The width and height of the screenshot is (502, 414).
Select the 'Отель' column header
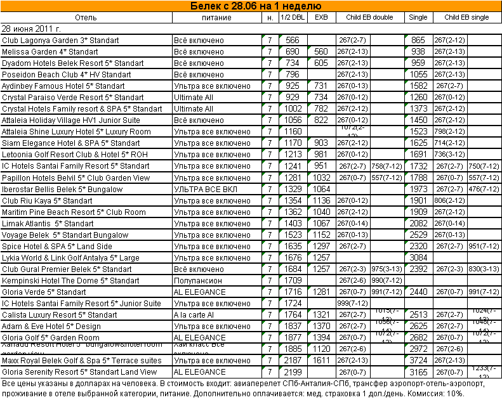click(86, 17)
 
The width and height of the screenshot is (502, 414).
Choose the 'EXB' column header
click(321, 17)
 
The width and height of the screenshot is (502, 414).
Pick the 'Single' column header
click(418, 17)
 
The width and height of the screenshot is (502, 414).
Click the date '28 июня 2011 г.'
click(32, 29)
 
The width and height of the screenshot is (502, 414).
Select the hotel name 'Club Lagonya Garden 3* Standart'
click(60, 41)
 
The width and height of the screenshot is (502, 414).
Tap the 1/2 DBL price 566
click(293, 41)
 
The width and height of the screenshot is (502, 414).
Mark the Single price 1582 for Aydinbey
click(418, 86)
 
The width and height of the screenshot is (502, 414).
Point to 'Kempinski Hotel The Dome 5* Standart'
click(70, 281)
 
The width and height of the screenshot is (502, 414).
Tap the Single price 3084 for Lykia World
click(418, 258)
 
